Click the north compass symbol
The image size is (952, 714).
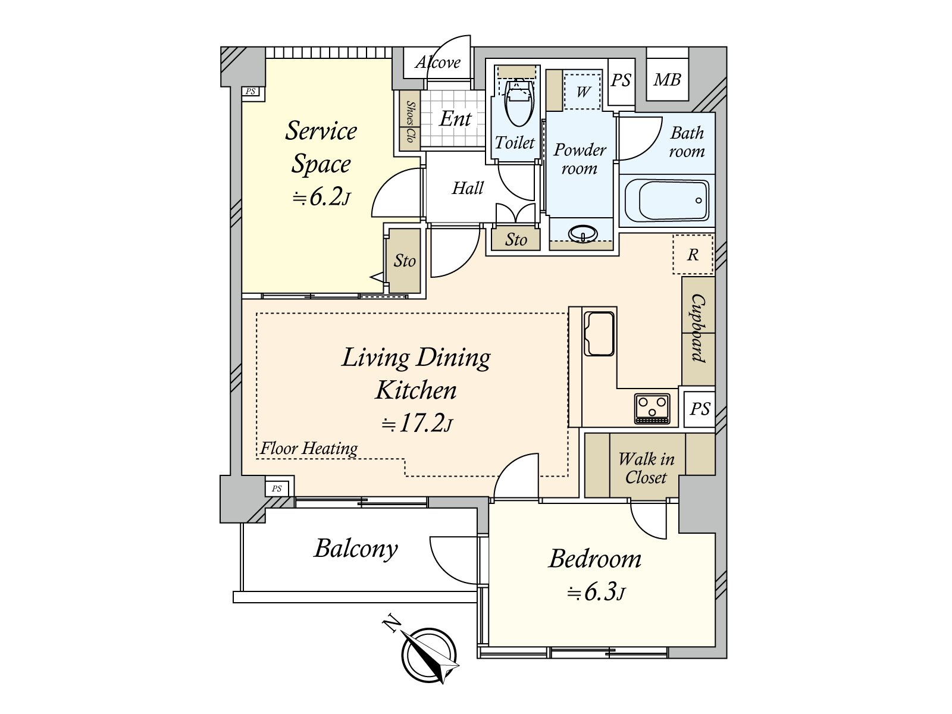pos(429,656)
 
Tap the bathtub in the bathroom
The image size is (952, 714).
pos(667,201)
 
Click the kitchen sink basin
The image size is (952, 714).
pos(599,334)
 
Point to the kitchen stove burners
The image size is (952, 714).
pos(652,408)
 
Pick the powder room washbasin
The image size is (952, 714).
pos(583,233)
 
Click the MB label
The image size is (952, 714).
pos(667,80)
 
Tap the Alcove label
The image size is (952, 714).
pos(437,63)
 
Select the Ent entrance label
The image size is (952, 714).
pos(455,118)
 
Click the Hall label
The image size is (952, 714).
pos(468,188)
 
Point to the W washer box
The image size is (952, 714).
pos(583,92)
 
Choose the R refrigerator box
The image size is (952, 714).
pos(693,255)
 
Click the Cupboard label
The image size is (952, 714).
pos(697,328)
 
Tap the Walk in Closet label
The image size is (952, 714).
pos(646,468)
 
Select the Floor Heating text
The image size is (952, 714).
pos(309,448)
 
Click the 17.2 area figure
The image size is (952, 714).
pos(417,424)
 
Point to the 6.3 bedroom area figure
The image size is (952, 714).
pos(597,592)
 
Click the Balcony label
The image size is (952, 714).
pos(356,549)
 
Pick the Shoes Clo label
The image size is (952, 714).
pos(410,121)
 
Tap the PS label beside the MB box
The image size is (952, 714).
pos(621,81)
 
